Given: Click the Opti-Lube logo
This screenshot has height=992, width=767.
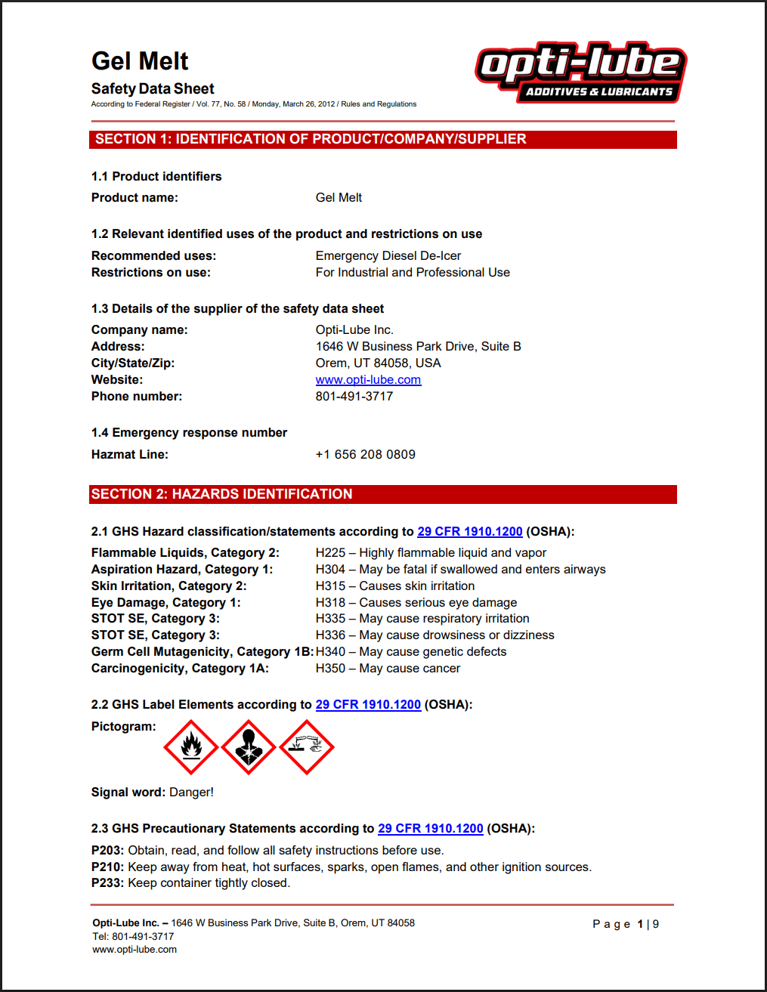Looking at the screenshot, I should pyautogui.click(x=580, y=73).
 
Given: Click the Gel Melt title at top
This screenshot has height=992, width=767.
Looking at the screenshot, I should pyautogui.click(x=140, y=61).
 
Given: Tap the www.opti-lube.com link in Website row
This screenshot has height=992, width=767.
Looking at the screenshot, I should pyautogui.click(x=368, y=380).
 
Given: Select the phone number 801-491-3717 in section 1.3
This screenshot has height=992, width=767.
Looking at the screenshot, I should pyautogui.click(x=354, y=397).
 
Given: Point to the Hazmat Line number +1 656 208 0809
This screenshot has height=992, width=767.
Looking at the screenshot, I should pyautogui.click(x=365, y=455).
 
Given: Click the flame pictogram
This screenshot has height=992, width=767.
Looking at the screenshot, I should pyautogui.click(x=191, y=747).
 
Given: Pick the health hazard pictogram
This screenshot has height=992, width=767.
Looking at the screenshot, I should pyautogui.click(x=249, y=747).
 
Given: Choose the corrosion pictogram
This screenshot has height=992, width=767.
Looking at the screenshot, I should pyautogui.click(x=307, y=747).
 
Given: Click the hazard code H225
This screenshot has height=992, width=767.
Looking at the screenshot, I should pyautogui.click(x=330, y=553).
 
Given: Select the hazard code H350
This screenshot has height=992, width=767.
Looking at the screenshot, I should pyautogui.click(x=330, y=669).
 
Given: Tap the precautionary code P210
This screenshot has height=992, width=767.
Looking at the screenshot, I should pyautogui.click(x=107, y=867).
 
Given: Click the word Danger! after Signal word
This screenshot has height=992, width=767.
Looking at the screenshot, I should pyautogui.click(x=191, y=793).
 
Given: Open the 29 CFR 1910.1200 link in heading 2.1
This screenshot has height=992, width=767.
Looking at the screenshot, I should pyautogui.click(x=470, y=532).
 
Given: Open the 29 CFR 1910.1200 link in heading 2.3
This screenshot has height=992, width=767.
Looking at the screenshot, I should pyautogui.click(x=430, y=829).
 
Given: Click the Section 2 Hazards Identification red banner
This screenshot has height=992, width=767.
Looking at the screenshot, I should pyautogui.click(x=382, y=494).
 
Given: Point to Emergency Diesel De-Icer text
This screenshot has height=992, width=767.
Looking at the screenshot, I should pyautogui.click(x=388, y=256).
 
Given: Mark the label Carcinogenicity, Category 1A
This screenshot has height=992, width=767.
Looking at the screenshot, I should pyautogui.click(x=180, y=669).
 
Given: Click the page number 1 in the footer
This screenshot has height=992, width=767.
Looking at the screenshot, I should pyautogui.click(x=640, y=924).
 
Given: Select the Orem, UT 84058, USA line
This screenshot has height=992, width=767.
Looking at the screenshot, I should pyautogui.click(x=378, y=363).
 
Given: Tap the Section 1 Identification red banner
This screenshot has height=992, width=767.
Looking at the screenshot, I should pyautogui.click(x=382, y=139).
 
